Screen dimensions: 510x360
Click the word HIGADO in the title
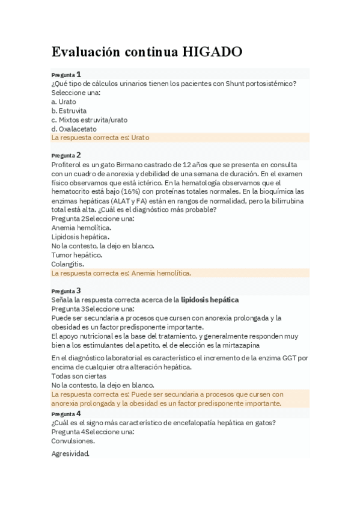[x=213, y=52]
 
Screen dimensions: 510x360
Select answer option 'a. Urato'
[x=64, y=102]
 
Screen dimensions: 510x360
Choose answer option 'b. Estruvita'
[x=69, y=111]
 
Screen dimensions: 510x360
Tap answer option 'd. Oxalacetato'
[x=74, y=129]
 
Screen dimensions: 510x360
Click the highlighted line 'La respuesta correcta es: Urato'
[x=100, y=138]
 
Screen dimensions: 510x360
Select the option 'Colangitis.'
[x=68, y=264]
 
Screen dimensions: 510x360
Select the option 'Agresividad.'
[x=70, y=453]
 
